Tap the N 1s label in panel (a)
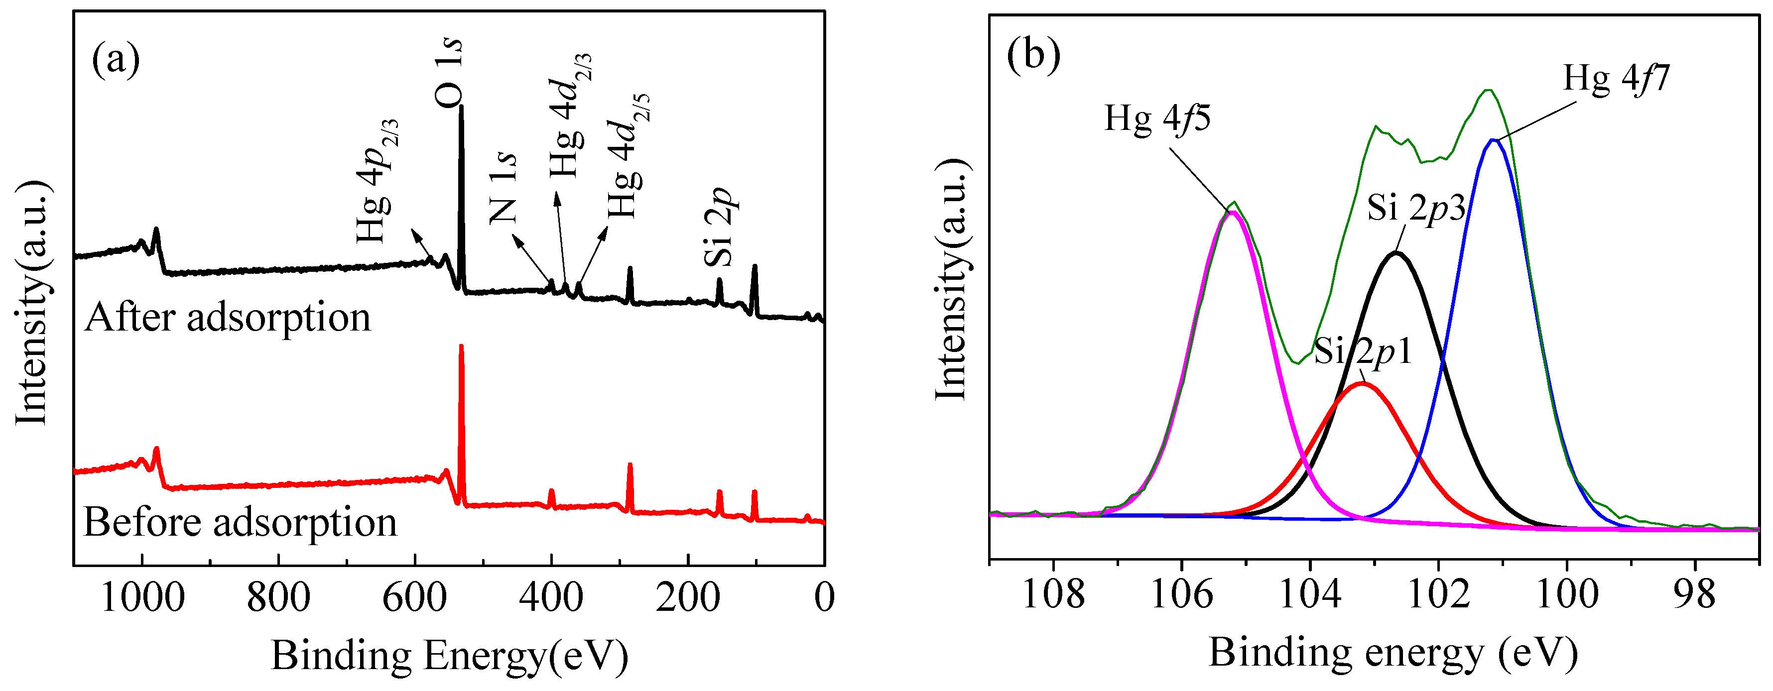point(504,187)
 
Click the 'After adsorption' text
point(228,318)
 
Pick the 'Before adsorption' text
point(240,522)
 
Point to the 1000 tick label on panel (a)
point(142,597)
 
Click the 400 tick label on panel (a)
point(551,597)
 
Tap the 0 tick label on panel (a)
point(824,597)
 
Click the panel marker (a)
point(116,59)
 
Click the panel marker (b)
point(1033,53)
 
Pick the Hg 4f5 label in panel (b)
point(1158,119)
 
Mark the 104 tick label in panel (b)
point(1310,594)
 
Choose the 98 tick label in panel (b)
point(1694,594)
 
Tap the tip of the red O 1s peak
point(461,346)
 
